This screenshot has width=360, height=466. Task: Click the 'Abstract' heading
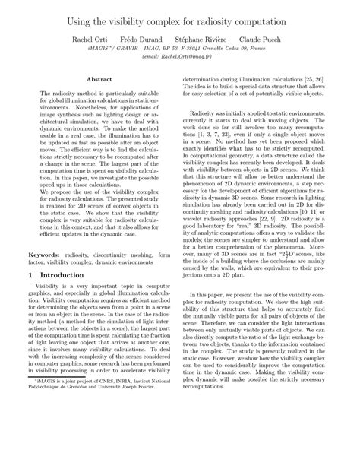(100, 78)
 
